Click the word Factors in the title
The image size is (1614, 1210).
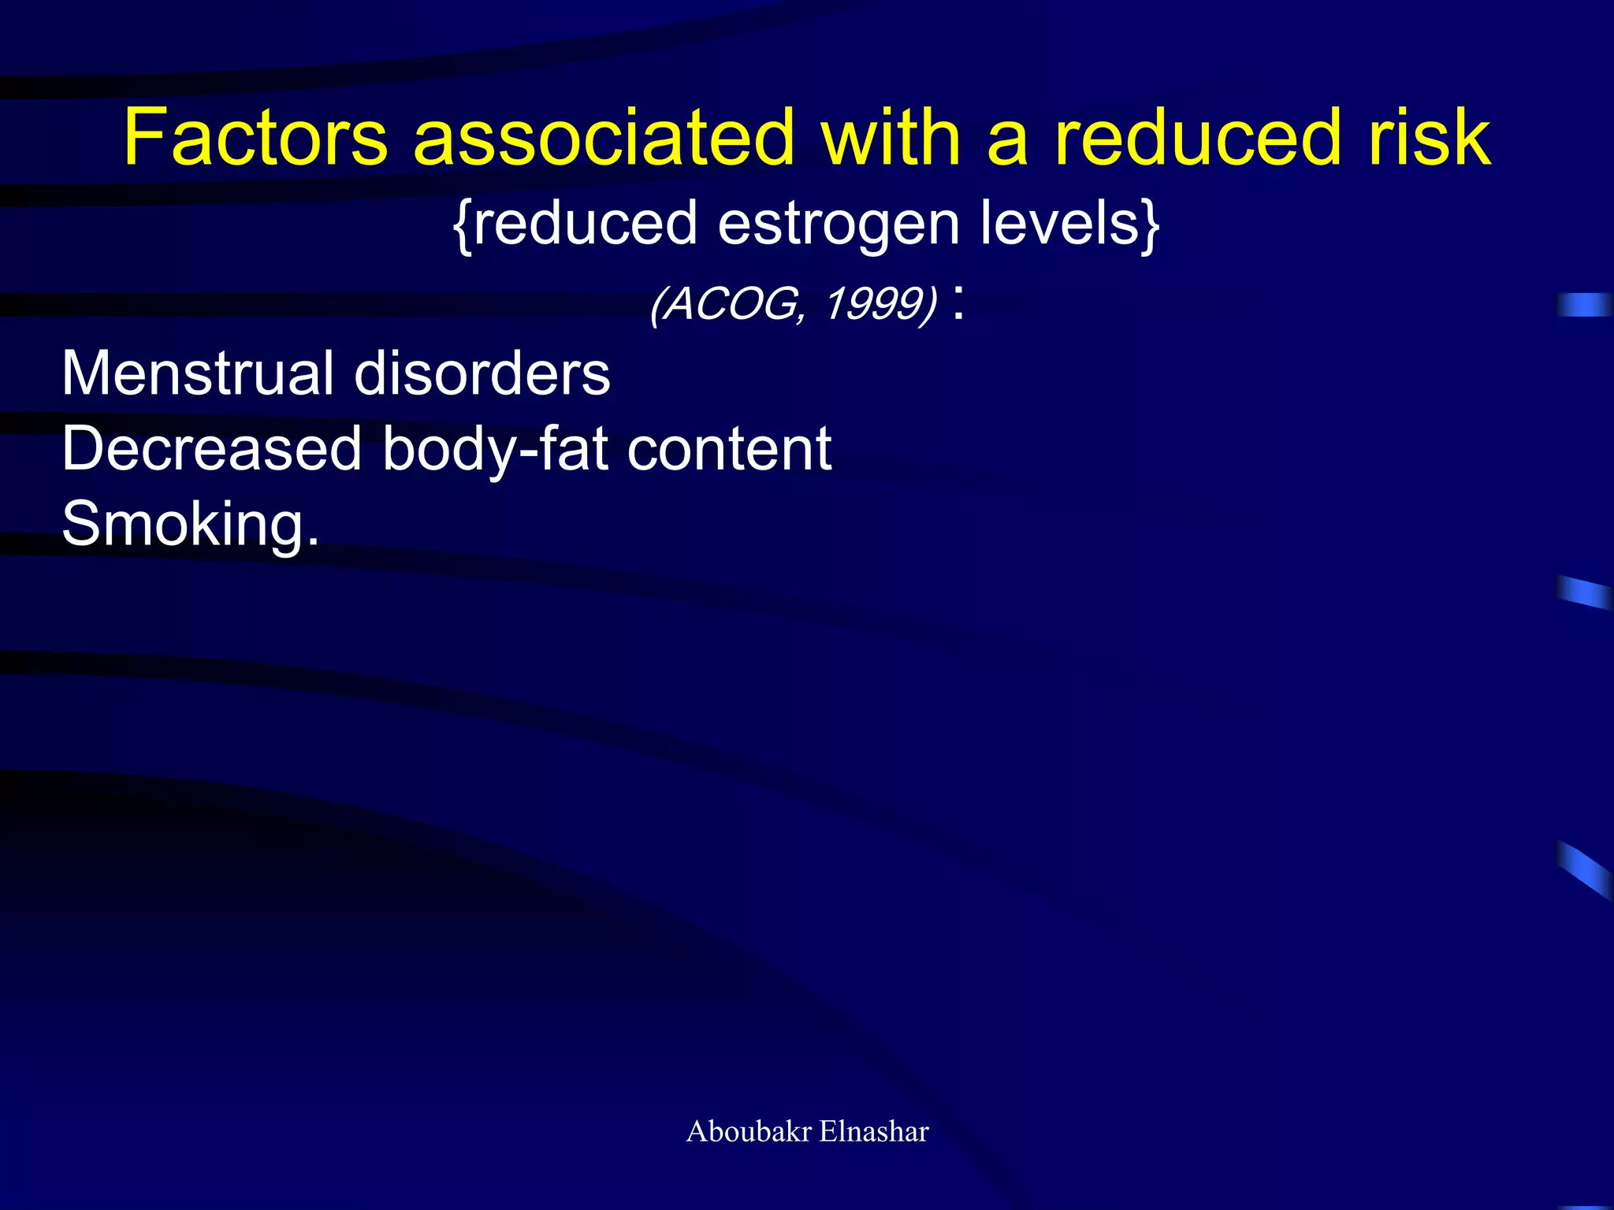[x=255, y=138]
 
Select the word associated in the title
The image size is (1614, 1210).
[x=604, y=138]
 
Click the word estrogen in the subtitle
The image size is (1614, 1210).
[x=839, y=224]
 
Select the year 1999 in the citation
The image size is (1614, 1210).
[x=872, y=304]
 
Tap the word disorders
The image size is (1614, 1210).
[x=482, y=373]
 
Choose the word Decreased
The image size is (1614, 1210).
[x=211, y=449]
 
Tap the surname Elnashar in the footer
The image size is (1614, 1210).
[x=874, y=1131]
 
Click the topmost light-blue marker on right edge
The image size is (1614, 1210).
[x=1585, y=304]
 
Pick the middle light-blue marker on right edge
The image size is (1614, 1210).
[x=1585, y=592]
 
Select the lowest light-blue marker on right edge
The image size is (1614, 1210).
[x=1585, y=869]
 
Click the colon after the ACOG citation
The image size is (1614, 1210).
[x=958, y=305]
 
